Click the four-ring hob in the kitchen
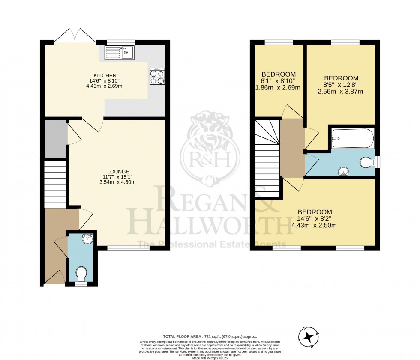tap(157, 76)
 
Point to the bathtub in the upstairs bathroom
tap(352, 138)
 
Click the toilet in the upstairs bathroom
tap(366, 162)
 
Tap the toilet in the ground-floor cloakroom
tap(81, 273)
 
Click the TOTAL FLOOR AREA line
tap(210, 337)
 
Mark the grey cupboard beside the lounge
tap(55, 139)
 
